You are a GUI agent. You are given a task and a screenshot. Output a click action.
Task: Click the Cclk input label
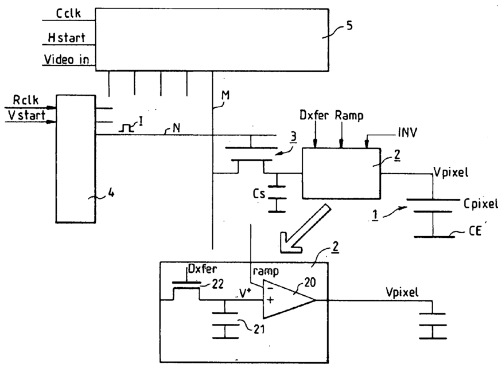pyautogui.click(x=68, y=13)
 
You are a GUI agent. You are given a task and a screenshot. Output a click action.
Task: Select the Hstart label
pyautogui.click(x=67, y=37)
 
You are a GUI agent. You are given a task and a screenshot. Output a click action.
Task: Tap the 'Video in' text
pyautogui.click(x=67, y=60)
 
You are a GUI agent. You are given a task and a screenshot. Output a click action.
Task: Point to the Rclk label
pyautogui.click(x=26, y=100)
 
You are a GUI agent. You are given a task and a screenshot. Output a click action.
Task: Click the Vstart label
pyautogui.click(x=26, y=115)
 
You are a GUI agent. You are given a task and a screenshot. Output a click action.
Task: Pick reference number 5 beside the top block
pyautogui.click(x=349, y=25)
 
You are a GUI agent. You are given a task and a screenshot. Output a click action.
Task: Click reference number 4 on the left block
pyautogui.click(x=111, y=192)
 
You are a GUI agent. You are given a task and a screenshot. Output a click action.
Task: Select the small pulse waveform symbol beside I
pyautogui.click(x=126, y=128)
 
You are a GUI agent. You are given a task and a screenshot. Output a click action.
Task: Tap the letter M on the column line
pyautogui.click(x=225, y=95)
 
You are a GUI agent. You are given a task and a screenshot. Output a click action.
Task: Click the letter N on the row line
pyautogui.click(x=176, y=128)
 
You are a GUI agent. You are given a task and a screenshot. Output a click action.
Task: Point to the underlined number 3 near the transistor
pyautogui.click(x=294, y=137)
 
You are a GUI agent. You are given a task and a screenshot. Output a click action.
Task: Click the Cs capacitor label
pyautogui.click(x=259, y=193)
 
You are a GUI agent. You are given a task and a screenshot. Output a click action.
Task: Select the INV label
pyautogui.click(x=407, y=132)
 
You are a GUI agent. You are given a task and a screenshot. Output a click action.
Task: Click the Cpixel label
pyautogui.click(x=480, y=204)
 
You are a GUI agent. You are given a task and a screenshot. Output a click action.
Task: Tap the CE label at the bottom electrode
pyautogui.click(x=475, y=230)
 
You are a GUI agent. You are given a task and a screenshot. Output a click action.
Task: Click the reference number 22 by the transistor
pyautogui.click(x=217, y=284)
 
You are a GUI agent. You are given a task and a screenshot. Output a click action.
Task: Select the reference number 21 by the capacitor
pyautogui.click(x=259, y=330)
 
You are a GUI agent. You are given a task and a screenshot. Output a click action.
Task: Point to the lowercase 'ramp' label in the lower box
pyautogui.click(x=266, y=271)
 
